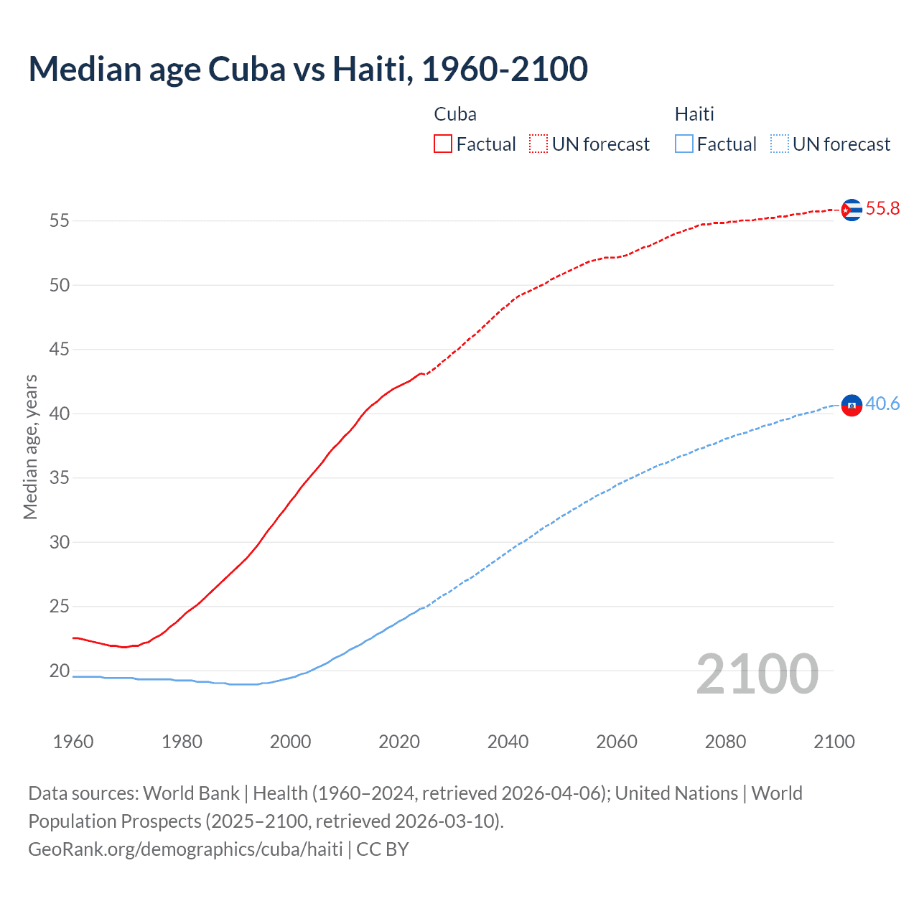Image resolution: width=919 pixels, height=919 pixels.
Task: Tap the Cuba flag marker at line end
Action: tap(852, 210)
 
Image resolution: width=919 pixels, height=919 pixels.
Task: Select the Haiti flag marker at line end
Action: tap(852, 406)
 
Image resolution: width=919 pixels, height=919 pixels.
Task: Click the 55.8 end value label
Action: tap(882, 209)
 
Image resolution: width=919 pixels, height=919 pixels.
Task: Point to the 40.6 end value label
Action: tap(882, 404)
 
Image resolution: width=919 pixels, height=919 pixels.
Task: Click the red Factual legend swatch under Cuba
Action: tap(443, 144)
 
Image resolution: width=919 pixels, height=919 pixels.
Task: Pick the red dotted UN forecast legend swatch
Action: tap(538, 144)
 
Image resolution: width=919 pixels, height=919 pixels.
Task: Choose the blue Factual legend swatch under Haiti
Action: tap(684, 144)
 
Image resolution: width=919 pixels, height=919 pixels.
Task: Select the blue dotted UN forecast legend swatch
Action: tap(779, 144)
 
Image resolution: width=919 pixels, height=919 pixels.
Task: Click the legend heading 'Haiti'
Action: tap(694, 114)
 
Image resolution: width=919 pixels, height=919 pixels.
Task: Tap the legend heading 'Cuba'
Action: tap(455, 114)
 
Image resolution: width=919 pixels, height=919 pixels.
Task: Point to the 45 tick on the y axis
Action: tap(60, 350)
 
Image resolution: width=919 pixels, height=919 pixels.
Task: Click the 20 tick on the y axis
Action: tap(60, 671)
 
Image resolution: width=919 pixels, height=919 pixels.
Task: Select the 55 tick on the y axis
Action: tap(60, 221)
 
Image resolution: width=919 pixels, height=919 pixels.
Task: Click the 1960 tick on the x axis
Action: tap(73, 742)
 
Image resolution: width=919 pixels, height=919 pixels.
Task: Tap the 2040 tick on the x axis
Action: tap(508, 742)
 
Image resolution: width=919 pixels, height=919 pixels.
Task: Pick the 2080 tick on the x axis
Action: tap(725, 742)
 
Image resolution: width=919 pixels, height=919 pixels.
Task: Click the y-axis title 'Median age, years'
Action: tap(30, 447)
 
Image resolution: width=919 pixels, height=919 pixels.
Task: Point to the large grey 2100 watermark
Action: tap(757, 674)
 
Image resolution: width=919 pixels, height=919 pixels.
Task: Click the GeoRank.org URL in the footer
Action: tap(185, 849)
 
